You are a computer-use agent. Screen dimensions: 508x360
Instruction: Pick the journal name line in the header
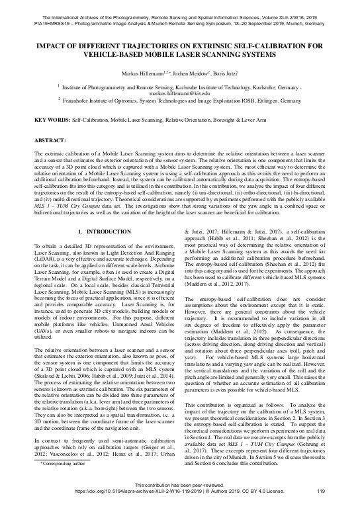(179, 5)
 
